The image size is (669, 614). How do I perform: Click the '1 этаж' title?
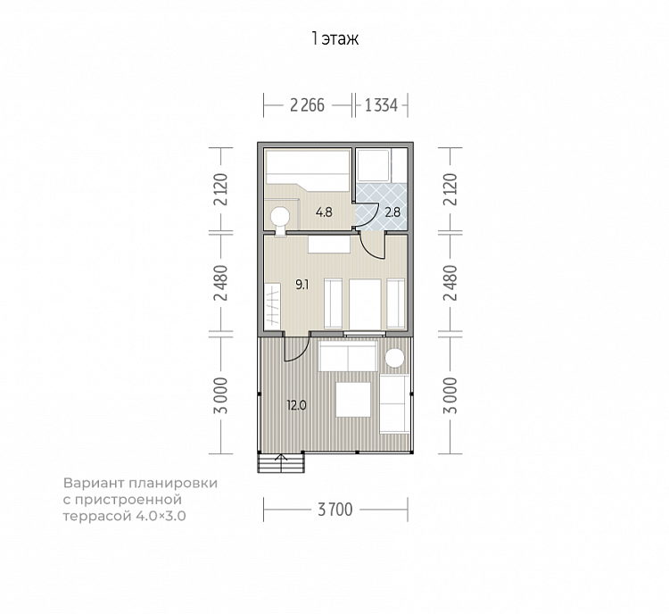(334, 39)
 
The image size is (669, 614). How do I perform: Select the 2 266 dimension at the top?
(307, 105)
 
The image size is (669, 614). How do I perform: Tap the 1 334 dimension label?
(381, 105)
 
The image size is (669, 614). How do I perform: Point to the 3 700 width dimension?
(335, 510)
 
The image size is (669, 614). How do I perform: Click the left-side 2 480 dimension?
(222, 283)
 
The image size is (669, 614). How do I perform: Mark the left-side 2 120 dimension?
(222, 189)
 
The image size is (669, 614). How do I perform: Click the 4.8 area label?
(324, 212)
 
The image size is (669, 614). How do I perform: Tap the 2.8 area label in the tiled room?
(392, 212)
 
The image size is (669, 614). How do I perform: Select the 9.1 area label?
(302, 285)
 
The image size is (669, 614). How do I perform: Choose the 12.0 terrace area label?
(296, 405)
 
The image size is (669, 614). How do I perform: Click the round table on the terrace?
(394, 358)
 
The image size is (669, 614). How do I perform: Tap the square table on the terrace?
(353, 399)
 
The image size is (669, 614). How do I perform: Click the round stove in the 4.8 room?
(280, 216)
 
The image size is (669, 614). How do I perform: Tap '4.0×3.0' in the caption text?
(161, 516)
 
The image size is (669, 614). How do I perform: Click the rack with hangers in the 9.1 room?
(272, 306)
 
